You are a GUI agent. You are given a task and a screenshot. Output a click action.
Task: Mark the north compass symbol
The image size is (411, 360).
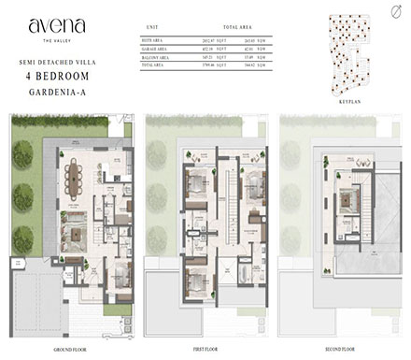point(390,13)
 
